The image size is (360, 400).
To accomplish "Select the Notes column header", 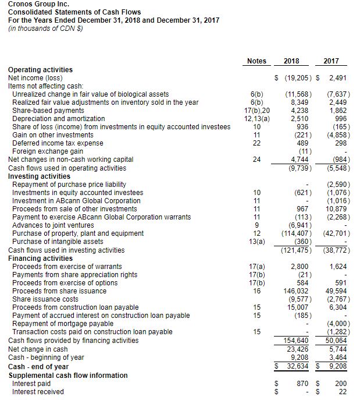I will click(x=256, y=61).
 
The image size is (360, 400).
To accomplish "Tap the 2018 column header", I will click(x=291, y=61).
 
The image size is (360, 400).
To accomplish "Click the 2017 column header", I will click(x=330, y=61).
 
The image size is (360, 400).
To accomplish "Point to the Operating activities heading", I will click(x=40, y=70).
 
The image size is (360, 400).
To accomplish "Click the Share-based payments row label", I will click(x=48, y=111).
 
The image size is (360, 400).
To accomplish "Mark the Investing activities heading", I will click(x=39, y=176).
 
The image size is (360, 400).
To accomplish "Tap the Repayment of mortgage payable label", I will click(x=63, y=323).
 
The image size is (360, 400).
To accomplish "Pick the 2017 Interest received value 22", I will click(x=344, y=392).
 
